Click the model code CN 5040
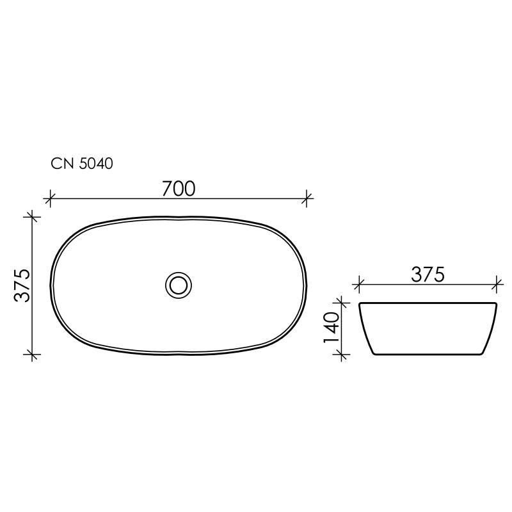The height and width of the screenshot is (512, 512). click(x=82, y=164)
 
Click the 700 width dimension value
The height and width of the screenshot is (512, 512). click(x=178, y=188)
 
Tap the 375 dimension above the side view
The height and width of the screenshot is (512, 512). click(x=427, y=275)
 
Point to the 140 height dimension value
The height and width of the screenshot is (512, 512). click(x=332, y=328)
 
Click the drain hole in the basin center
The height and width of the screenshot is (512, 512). click(x=179, y=284)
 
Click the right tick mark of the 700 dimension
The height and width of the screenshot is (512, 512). click(x=308, y=198)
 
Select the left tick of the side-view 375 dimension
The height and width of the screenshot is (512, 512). click(x=359, y=283)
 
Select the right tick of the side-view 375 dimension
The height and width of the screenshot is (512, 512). click(x=496, y=283)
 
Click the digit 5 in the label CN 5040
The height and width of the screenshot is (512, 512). click(x=83, y=164)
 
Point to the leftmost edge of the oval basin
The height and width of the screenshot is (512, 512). click(x=51, y=285)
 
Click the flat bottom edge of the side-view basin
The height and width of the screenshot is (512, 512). click(x=427, y=355)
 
